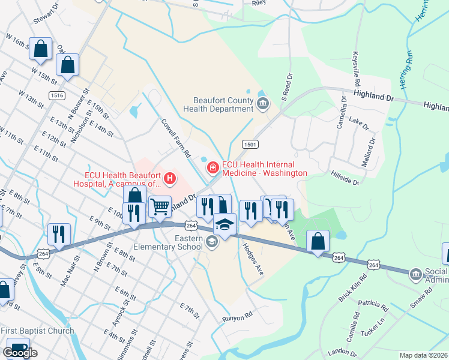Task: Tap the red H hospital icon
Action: (x=170, y=178)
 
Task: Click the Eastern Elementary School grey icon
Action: (x=211, y=241)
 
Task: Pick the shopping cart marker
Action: (x=160, y=208)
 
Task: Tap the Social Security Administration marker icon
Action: (x=415, y=275)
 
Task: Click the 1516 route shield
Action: (x=58, y=95)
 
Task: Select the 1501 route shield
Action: (x=250, y=144)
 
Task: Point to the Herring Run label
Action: (x=406, y=69)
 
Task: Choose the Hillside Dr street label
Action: (x=345, y=178)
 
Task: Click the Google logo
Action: (x=20, y=353)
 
